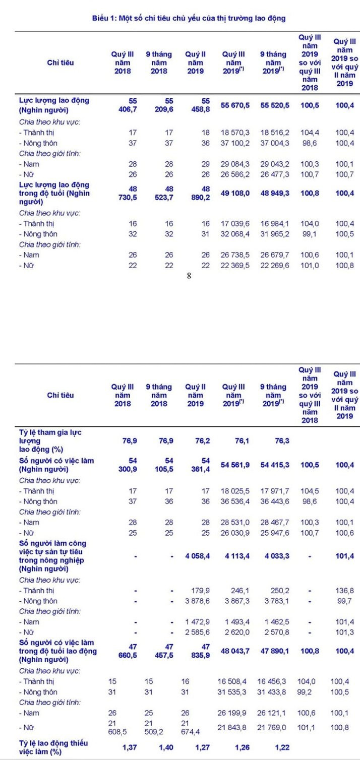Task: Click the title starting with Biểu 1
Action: tap(189, 18)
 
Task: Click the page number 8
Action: tap(189, 276)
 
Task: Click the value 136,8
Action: tap(344, 590)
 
